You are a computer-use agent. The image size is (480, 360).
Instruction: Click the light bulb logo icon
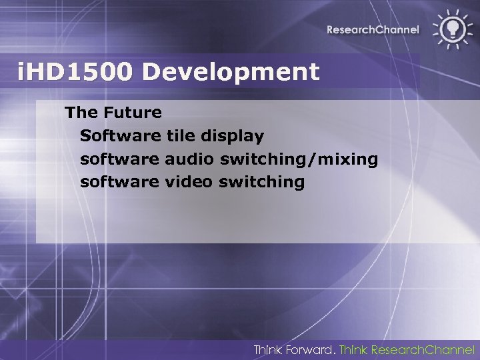click(x=451, y=28)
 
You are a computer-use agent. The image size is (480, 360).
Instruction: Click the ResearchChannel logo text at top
click(x=373, y=29)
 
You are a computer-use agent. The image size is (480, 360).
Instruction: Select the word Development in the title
click(x=231, y=72)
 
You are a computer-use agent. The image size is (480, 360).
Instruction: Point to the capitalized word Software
click(x=119, y=135)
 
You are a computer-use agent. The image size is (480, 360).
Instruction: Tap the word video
click(x=187, y=181)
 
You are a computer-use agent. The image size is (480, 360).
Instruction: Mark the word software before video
click(x=119, y=181)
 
